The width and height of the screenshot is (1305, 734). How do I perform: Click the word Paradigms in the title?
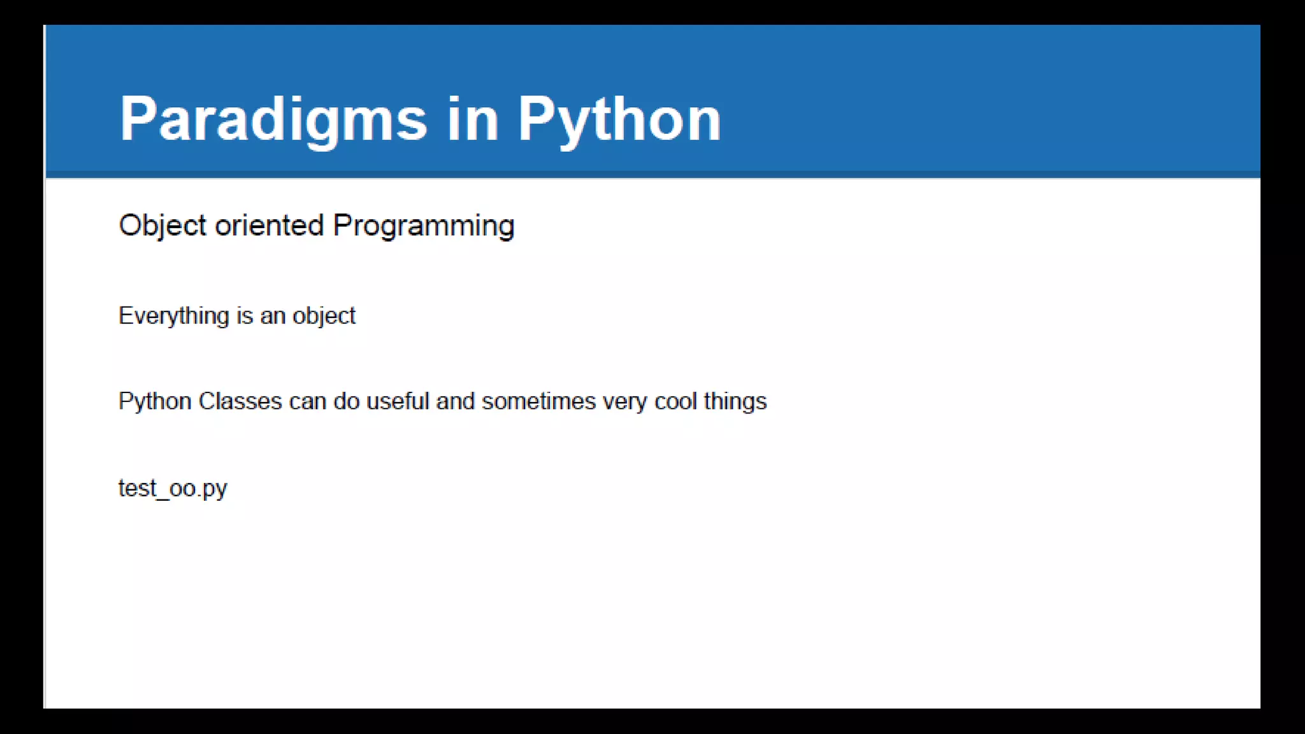pyautogui.click(x=273, y=119)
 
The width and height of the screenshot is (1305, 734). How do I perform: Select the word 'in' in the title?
pyautogui.click(x=472, y=119)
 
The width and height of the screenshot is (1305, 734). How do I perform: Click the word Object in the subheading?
pyautogui.click(x=162, y=226)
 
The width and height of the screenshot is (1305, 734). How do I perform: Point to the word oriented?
pyautogui.click(x=270, y=226)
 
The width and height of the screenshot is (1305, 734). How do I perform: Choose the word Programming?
pyautogui.click(x=424, y=226)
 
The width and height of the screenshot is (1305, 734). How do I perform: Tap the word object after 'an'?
pyautogui.click(x=324, y=316)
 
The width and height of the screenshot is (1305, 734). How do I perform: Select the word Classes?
pyautogui.click(x=240, y=401)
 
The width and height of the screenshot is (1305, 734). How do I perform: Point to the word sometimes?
pyautogui.click(x=538, y=401)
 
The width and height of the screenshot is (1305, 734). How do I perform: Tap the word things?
pyautogui.click(x=735, y=401)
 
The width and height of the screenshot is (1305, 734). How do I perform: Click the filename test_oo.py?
pyautogui.click(x=173, y=488)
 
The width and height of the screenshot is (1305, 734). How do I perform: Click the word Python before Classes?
pyautogui.click(x=155, y=401)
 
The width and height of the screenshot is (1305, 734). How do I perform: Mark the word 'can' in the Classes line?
pyautogui.click(x=307, y=402)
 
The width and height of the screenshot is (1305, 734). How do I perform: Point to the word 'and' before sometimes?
pyautogui.click(x=455, y=401)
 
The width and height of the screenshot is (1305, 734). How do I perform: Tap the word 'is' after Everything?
pyautogui.click(x=245, y=316)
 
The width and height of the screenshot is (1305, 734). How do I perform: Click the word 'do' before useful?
pyautogui.click(x=347, y=401)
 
